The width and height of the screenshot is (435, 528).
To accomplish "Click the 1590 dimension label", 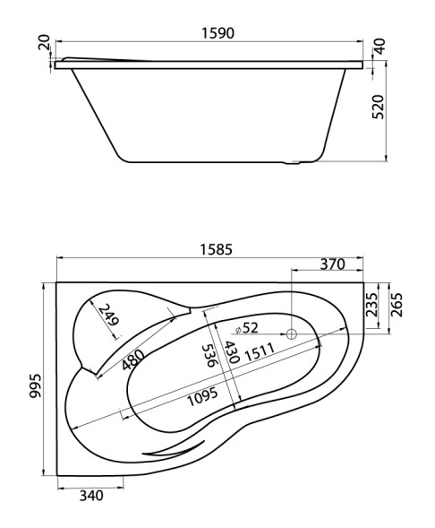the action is point(217,33).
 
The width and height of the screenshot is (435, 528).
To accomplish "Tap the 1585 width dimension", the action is point(216,249).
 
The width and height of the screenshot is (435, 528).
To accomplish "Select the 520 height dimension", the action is point(379,107).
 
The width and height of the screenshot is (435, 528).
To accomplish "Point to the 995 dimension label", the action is point(36,385).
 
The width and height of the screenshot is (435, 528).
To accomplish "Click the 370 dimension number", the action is point(332,264).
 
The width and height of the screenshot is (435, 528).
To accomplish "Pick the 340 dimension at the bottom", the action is point(91,496).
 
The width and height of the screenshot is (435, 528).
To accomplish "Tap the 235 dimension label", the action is point(372,305).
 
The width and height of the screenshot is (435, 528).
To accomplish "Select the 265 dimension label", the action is point(397,305).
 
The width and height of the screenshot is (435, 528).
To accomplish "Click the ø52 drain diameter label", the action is point(247,327).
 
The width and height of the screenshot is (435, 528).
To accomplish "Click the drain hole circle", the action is point(292,334).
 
